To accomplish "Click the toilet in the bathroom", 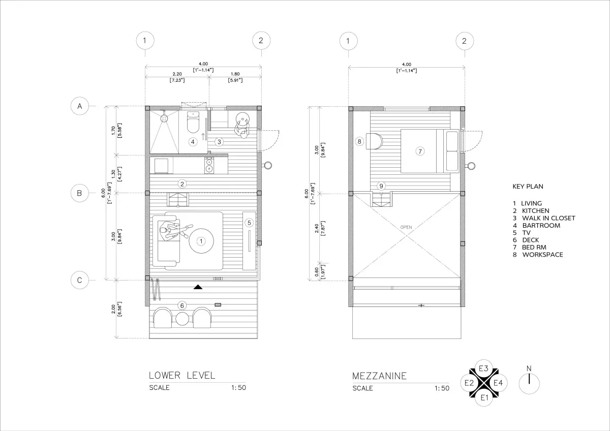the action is coord(193,122).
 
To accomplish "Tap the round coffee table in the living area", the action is coord(201,241).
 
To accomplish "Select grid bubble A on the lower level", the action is coord(79,106).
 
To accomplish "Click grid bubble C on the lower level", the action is coord(79,280).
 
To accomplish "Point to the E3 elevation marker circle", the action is coord(483,368).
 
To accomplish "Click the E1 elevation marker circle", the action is coord(484,397).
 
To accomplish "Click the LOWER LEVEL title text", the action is coord(182,376).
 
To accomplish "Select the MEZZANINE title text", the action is coord(379,376).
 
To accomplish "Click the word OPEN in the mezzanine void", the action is coord(406,227).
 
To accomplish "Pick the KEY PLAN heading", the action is coord(528,187).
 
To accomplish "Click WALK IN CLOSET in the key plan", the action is coord(548,218).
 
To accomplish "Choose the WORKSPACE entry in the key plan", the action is coord(542,255).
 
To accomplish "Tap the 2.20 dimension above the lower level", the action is coord(177,74).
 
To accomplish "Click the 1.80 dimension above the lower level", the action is coord(235,74).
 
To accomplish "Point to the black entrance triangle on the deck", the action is coord(198,287).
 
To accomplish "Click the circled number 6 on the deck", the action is coord(182,305).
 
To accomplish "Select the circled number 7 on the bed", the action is coord(420,151).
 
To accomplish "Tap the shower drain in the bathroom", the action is coord(164,118).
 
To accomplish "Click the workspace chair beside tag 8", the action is coord(374,141).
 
